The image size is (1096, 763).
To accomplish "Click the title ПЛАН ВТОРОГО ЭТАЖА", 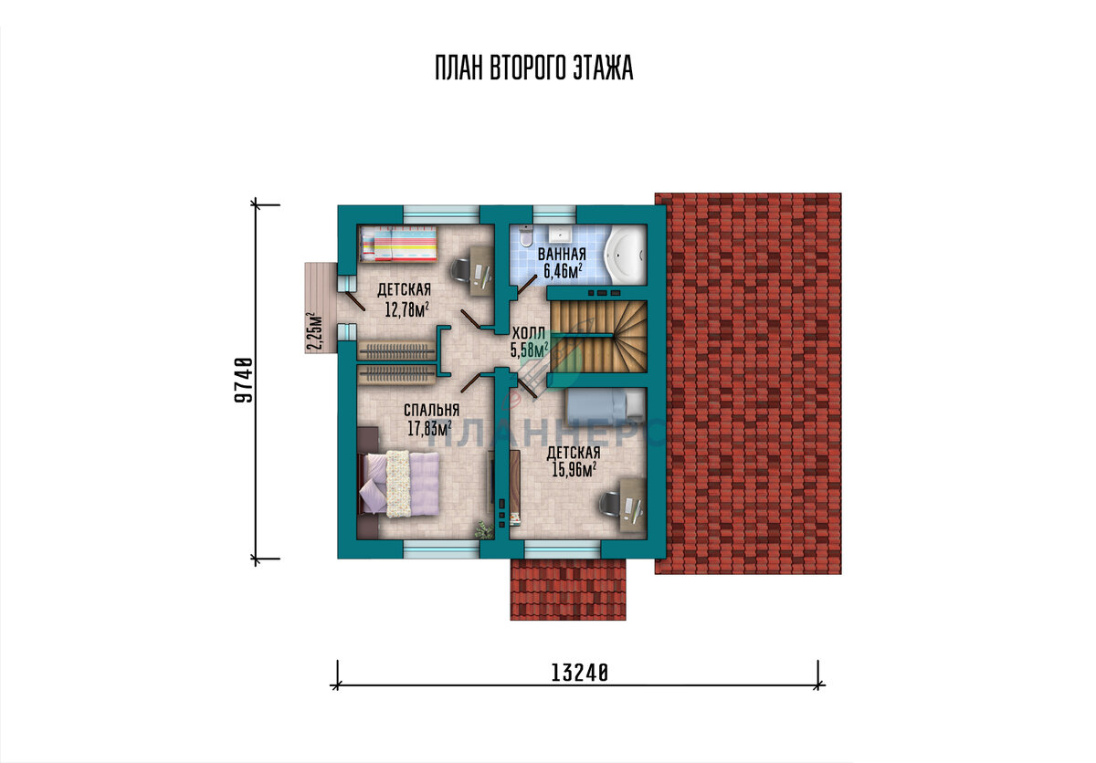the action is pyautogui.click(x=533, y=68).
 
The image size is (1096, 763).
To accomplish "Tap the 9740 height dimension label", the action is pyautogui.click(x=244, y=380).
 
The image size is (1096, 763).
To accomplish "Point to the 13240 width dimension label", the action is pyautogui.click(x=580, y=673).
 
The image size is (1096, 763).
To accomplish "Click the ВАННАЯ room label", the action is pyautogui.click(x=562, y=254).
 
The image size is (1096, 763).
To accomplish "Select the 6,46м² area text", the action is pyautogui.click(x=563, y=271).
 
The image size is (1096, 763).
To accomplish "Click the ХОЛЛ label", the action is pyautogui.click(x=529, y=334).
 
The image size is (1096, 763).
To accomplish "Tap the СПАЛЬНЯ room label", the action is pyautogui.click(x=431, y=410).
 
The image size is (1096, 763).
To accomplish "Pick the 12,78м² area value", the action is pyautogui.click(x=407, y=308).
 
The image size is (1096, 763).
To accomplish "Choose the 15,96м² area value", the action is pyautogui.click(x=574, y=470).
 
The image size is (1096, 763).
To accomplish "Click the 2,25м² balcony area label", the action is pyautogui.click(x=314, y=332).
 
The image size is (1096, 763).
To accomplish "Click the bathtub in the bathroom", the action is pyautogui.click(x=625, y=254).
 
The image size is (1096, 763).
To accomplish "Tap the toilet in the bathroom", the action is pyautogui.click(x=525, y=236).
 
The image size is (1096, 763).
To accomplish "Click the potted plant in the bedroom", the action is pyautogui.click(x=484, y=530).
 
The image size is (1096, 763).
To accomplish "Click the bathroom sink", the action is pyautogui.click(x=559, y=235).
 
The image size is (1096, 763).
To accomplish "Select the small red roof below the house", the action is pyautogui.click(x=568, y=590).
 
